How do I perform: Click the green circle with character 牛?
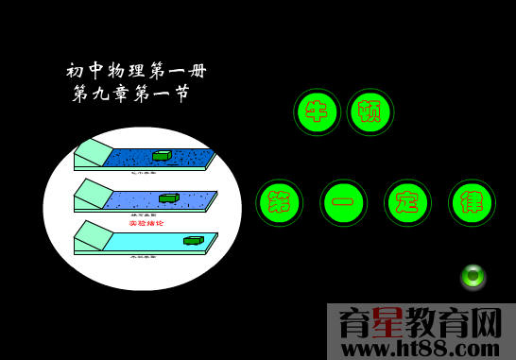(318, 111)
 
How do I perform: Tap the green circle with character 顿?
(370, 111)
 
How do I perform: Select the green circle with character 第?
(280, 202)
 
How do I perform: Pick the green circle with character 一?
(343, 202)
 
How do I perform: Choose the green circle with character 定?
(407, 202)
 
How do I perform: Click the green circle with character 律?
(472, 202)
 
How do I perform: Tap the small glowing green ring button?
(473, 276)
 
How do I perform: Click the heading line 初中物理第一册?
(136, 71)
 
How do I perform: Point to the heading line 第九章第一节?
(131, 94)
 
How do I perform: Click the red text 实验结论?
(146, 223)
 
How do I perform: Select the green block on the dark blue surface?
(162, 155)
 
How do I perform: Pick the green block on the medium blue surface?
(169, 197)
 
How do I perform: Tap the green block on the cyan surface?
(193, 240)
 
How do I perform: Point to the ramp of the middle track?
(94, 194)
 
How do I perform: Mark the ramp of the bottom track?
(94, 235)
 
